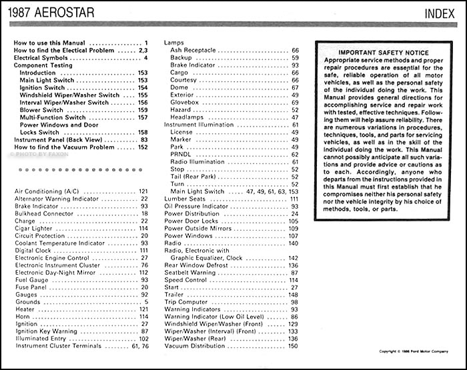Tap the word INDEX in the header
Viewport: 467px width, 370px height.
click(x=441, y=13)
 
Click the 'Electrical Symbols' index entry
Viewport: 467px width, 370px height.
click(x=41, y=59)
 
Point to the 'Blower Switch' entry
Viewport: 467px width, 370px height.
click(x=43, y=110)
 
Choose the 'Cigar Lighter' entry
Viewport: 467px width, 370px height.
click(x=35, y=228)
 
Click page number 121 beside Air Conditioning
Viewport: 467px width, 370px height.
click(x=143, y=191)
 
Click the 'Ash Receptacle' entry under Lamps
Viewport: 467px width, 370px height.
click(x=193, y=50)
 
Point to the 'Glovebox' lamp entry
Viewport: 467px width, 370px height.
click(x=185, y=102)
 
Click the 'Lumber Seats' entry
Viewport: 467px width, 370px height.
click(x=185, y=199)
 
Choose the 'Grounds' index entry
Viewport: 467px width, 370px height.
click(x=27, y=302)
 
